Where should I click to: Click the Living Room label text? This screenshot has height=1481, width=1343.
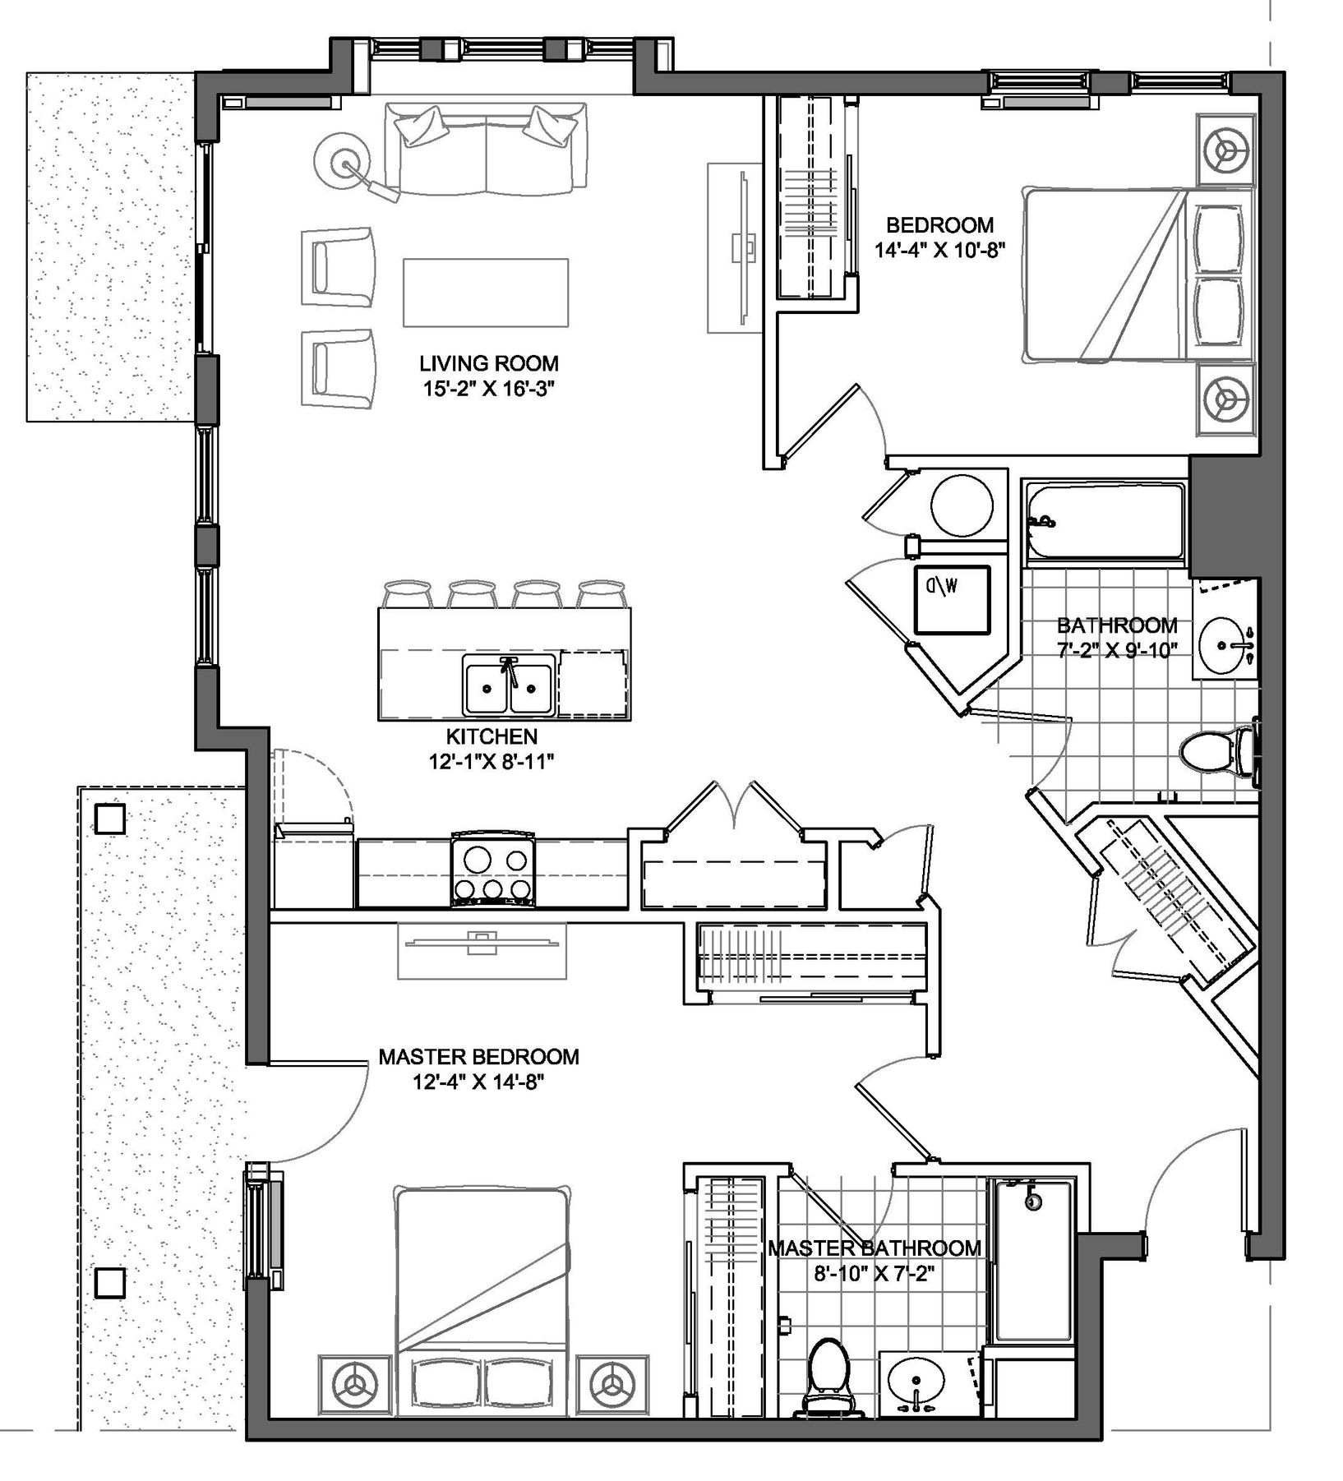[x=488, y=363]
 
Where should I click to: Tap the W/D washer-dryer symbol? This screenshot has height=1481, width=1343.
[x=953, y=598]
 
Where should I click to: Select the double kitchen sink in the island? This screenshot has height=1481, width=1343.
[x=508, y=685]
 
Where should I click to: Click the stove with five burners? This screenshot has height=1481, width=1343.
[x=493, y=874]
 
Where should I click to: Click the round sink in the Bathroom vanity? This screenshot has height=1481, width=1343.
[x=1224, y=644]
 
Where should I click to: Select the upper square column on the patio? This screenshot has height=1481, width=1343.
[x=110, y=819]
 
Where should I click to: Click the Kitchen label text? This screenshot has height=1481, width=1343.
[x=492, y=736]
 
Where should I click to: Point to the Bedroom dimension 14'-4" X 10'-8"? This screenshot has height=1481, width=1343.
[x=939, y=251]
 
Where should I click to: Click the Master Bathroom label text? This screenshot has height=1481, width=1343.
[x=875, y=1248]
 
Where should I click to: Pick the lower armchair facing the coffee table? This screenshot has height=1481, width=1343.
[x=339, y=367]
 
